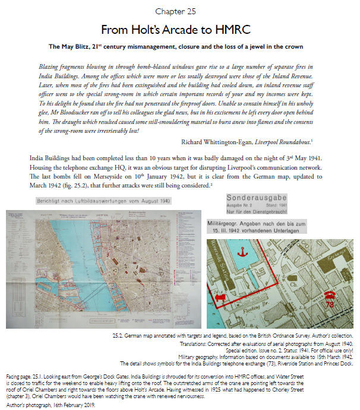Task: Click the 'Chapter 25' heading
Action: point(180,11)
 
